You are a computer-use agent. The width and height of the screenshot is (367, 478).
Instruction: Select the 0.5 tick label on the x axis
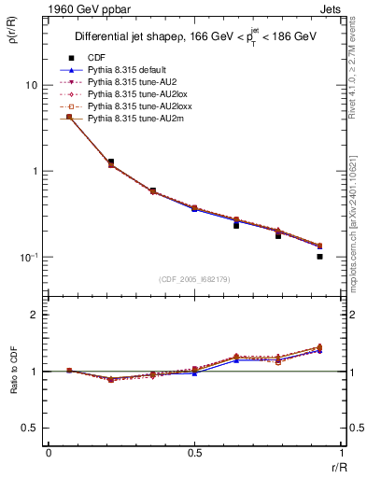pos(194,453)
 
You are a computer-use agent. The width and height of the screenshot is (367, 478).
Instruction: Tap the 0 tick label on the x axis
pos(48,453)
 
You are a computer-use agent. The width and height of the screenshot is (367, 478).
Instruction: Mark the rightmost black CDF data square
pos(319,256)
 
